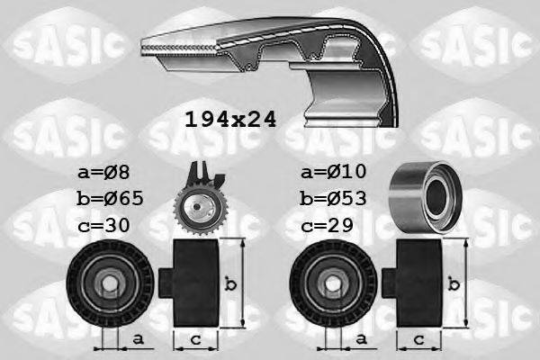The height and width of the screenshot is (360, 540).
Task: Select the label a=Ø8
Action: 104,172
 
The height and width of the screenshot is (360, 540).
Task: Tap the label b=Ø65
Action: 108,198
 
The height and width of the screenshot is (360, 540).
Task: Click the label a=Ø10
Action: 334,172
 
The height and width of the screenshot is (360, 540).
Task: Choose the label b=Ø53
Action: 333,198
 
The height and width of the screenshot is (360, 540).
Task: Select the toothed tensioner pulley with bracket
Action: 200,202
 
